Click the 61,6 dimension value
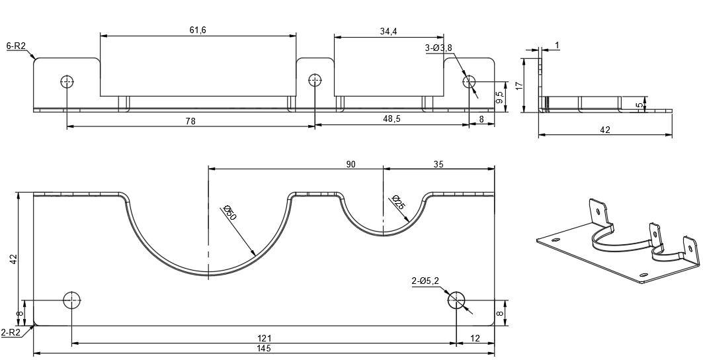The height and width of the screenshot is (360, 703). pos(198,30)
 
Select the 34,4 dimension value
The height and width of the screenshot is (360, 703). pos(388,31)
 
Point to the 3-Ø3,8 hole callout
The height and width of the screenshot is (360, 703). pos(438,48)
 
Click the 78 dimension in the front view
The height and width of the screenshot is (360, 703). pos(190,121)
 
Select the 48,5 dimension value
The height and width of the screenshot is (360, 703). pos(392,119)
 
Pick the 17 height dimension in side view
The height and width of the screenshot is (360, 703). pos(519,85)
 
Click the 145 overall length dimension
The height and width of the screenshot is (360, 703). pos(265,349)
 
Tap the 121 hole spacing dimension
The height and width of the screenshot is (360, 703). pos(264,338)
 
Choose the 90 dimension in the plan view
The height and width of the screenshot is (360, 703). pos(351,163)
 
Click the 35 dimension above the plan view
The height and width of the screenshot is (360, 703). pos(438,163)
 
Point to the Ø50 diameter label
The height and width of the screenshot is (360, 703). pos(231,213)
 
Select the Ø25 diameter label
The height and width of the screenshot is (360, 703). pos(398,202)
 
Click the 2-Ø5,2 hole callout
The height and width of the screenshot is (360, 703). pos(425,281)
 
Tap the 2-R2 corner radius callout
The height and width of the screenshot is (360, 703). pos(11,332)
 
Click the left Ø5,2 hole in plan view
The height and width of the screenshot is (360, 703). pos(72,300)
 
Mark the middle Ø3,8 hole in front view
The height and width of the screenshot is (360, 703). pos(315,81)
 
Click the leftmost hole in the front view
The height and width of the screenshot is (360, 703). pos(67,81)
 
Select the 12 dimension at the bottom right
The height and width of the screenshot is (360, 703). pos(475,338)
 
